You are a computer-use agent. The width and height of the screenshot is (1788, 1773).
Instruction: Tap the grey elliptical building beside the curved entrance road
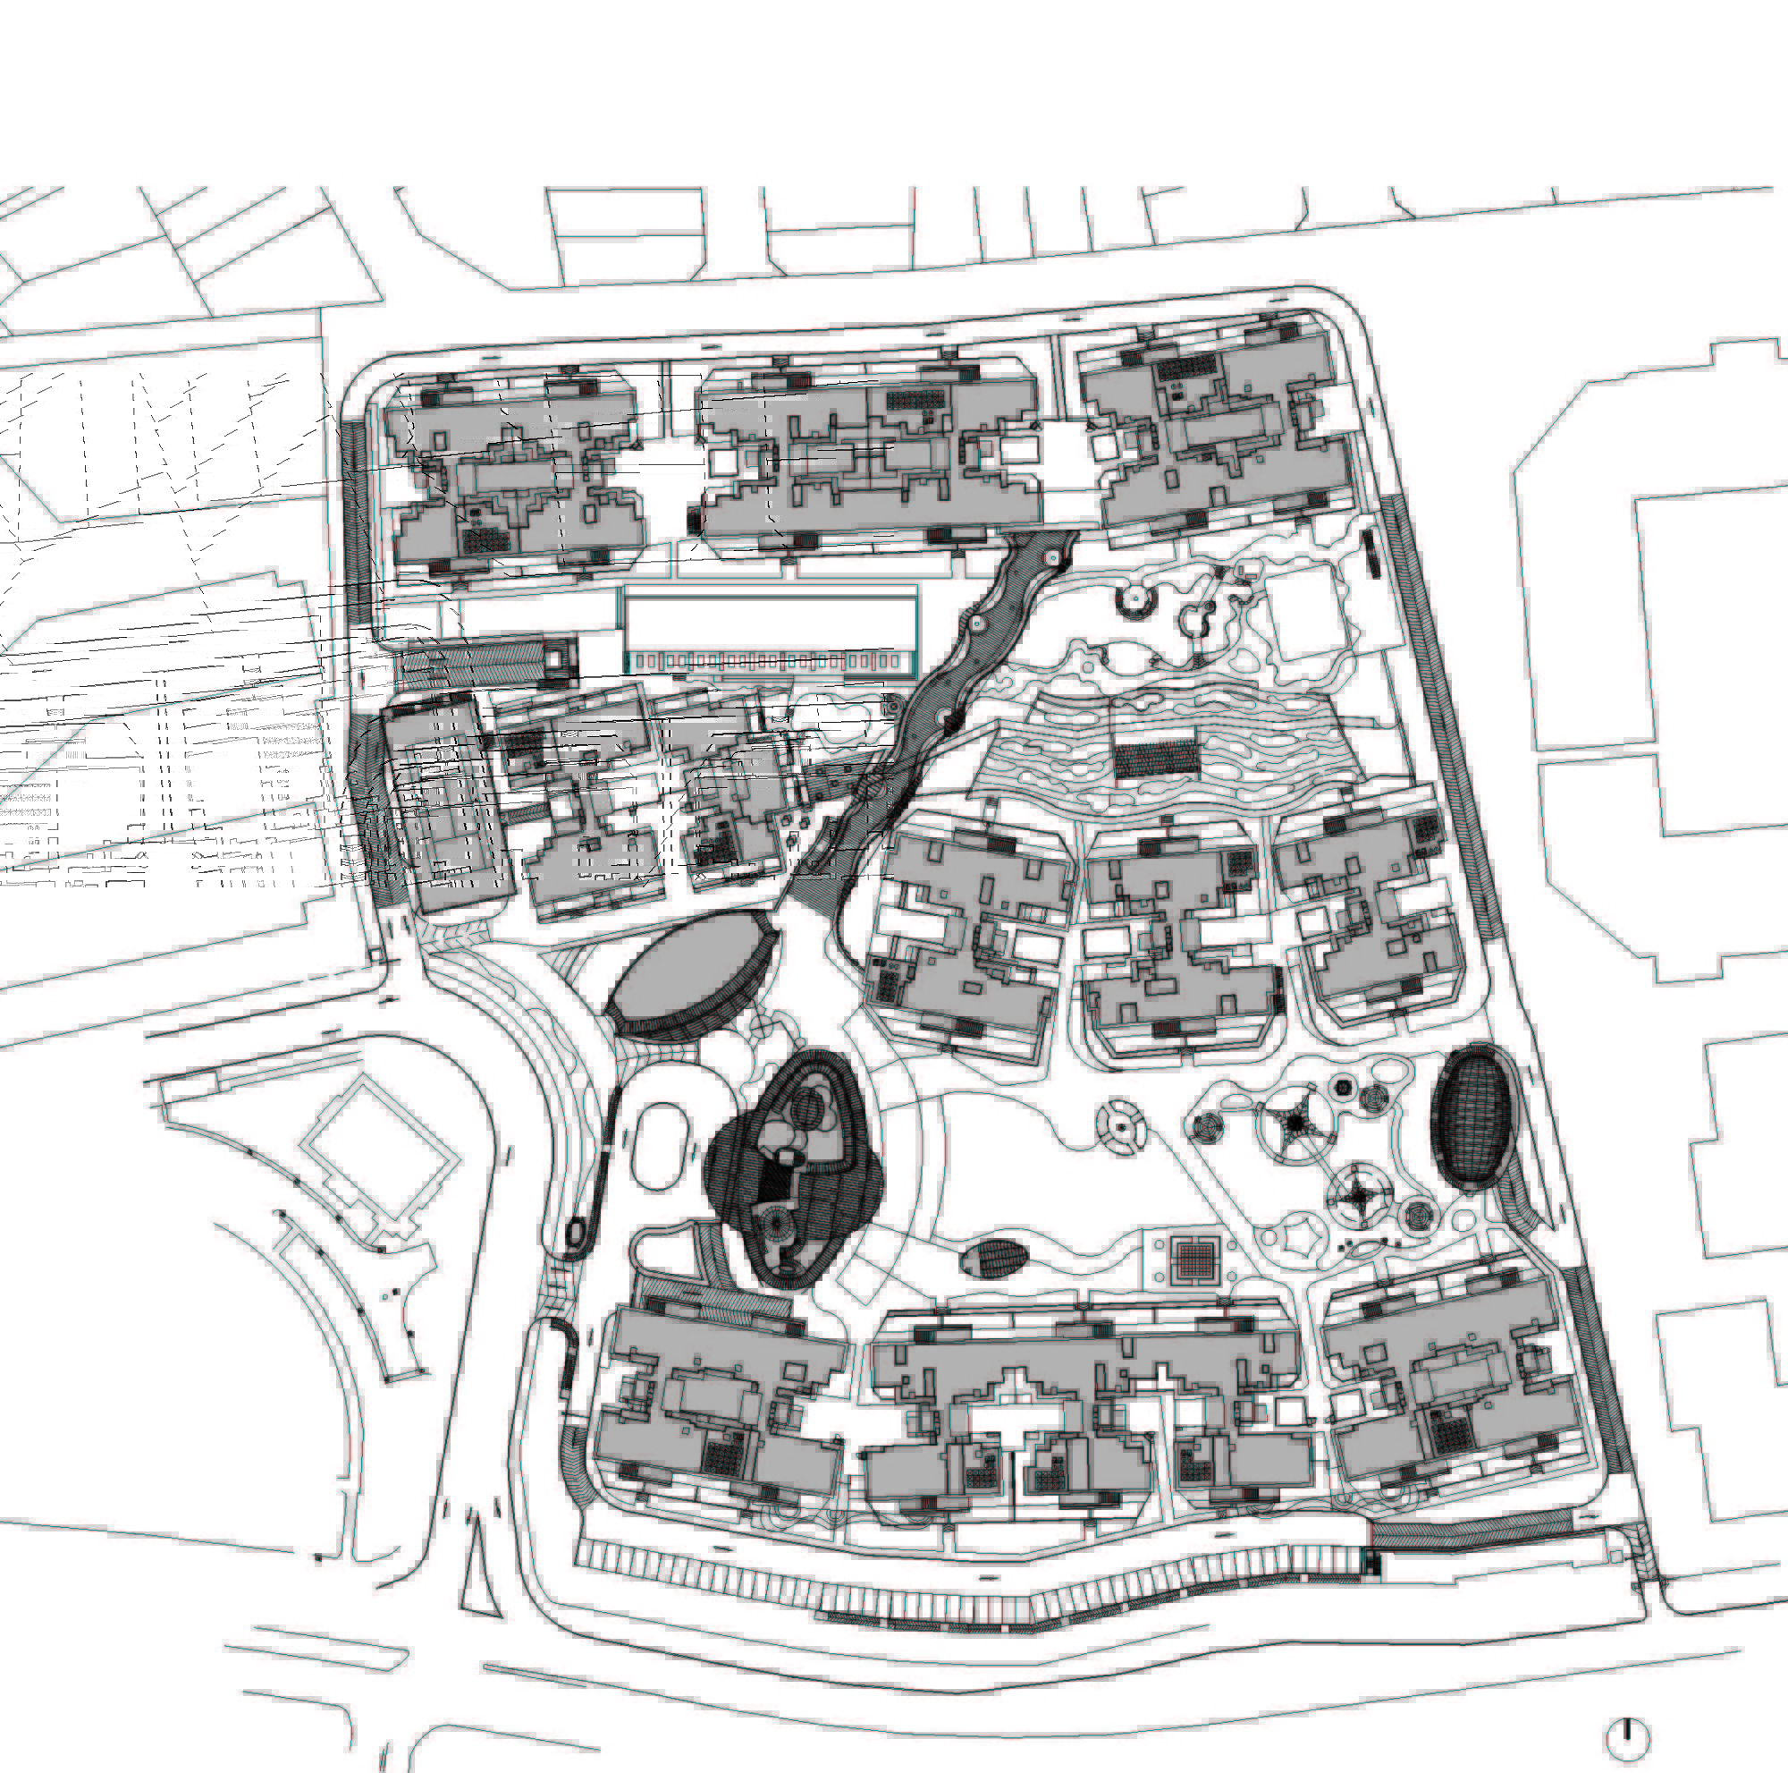(x=688, y=972)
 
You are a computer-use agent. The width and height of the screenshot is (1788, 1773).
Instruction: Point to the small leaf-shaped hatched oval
(x=994, y=1260)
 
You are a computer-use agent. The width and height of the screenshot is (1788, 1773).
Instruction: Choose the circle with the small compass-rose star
(x=1357, y=1197)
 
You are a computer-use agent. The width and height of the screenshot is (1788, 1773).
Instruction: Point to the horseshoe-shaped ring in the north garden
(x=1134, y=600)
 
